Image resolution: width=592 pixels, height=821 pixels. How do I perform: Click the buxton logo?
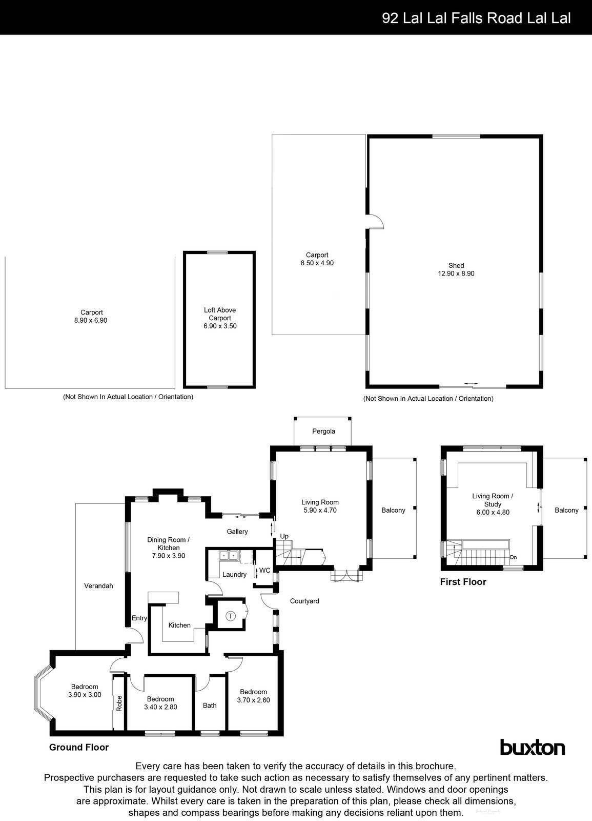(532, 748)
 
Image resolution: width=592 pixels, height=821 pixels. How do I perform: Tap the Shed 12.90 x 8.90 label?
(456, 269)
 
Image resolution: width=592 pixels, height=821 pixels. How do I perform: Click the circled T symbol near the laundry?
(231, 616)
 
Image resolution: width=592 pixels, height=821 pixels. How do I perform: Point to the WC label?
(264, 571)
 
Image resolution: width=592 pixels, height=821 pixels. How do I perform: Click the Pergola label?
(323, 431)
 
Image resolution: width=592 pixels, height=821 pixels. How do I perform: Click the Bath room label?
(210, 706)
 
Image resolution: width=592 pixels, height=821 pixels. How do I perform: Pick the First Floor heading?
(463, 582)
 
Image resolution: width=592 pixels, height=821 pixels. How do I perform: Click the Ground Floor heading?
(79, 747)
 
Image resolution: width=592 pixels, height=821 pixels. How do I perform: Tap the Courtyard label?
(304, 601)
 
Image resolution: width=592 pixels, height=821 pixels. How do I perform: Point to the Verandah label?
(98, 585)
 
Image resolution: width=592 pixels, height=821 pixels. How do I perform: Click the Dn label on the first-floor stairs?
(513, 557)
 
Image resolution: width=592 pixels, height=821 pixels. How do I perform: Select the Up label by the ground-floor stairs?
(284, 536)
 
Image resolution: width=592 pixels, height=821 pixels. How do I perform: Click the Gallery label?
(237, 532)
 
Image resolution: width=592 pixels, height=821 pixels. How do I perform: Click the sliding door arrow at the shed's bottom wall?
(471, 383)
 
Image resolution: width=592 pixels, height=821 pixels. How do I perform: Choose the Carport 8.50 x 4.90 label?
(317, 259)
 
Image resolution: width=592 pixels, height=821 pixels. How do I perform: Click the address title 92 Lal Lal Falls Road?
(476, 18)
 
